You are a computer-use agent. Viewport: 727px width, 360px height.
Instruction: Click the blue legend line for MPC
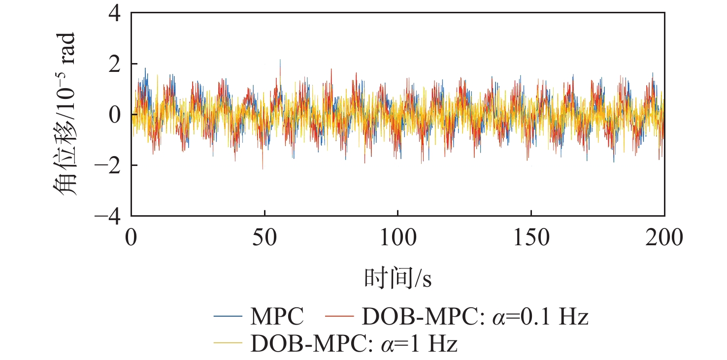click(x=229, y=316)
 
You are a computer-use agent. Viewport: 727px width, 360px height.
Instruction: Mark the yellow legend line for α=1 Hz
click(x=229, y=342)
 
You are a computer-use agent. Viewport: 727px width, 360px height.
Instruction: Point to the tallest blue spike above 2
click(x=280, y=61)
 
